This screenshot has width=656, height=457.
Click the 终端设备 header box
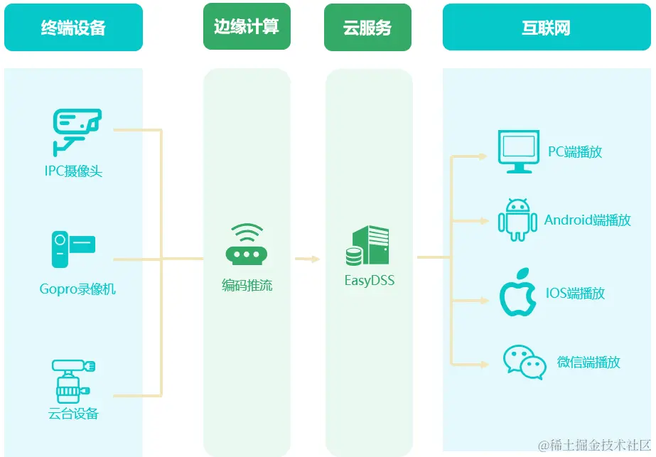click(x=73, y=28)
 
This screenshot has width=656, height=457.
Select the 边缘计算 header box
click(x=247, y=27)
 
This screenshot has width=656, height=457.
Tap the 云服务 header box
click(x=367, y=28)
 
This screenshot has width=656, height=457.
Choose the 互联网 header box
click(x=546, y=28)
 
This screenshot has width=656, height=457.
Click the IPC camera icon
click(x=77, y=131)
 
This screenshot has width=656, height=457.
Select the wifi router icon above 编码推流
click(x=247, y=245)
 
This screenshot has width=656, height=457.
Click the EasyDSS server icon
click(x=367, y=246)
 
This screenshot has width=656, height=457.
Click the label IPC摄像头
click(x=73, y=171)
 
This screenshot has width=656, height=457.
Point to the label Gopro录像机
click(x=77, y=289)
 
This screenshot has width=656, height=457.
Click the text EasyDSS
click(x=370, y=281)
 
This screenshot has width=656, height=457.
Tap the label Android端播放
click(x=588, y=220)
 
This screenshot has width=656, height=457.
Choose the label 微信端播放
click(x=588, y=362)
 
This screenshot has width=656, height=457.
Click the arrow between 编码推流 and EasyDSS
click(x=308, y=259)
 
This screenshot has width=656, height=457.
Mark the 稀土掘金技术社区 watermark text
click(x=594, y=446)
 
